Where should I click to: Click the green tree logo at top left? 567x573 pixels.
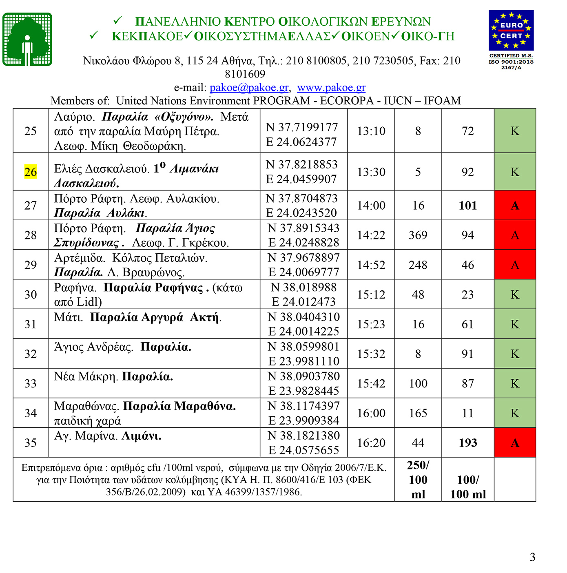pyautogui.click(x=27, y=40)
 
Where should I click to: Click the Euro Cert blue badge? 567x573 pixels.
pyautogui.click(x=511, y=30)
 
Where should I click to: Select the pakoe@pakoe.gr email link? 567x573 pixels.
pyautogui.click(x=249, y=88)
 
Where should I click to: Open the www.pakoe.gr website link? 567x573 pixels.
pyautogui.click(x=331, y=88)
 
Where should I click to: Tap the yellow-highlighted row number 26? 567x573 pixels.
pyautogui.click(x=31, y=172)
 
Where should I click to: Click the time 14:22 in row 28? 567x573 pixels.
pyautogui.click(x=371, y=235)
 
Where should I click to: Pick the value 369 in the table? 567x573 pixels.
pyautogui.click(x=418, y=235)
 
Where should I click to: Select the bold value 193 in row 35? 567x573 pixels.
pyautogui.click(x=468, y=443)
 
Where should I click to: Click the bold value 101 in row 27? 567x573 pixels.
pyautogui.click(x=468, y=206)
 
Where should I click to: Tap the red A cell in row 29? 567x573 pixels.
pyautogui.click(x=515, y=265)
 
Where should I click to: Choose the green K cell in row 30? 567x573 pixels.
pyautogui.click(x=515, y=294)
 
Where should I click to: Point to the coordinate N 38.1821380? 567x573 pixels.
pyautogui.click(x=303, y=436)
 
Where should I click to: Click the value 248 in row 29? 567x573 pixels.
pyautogui.click(x=418, y=265)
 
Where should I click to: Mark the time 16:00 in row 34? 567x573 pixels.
pyautogui.click(x=371, y=413)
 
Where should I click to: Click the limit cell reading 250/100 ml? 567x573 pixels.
pyautogui.click(x=418, y=480)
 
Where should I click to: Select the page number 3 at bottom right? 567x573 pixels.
pyautogui.click(x=532, y=557)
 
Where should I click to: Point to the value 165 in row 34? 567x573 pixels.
pyautogui.click(x=418, y=413)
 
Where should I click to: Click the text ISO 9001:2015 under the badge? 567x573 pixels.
pyautogui.click(x=511, y=62)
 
